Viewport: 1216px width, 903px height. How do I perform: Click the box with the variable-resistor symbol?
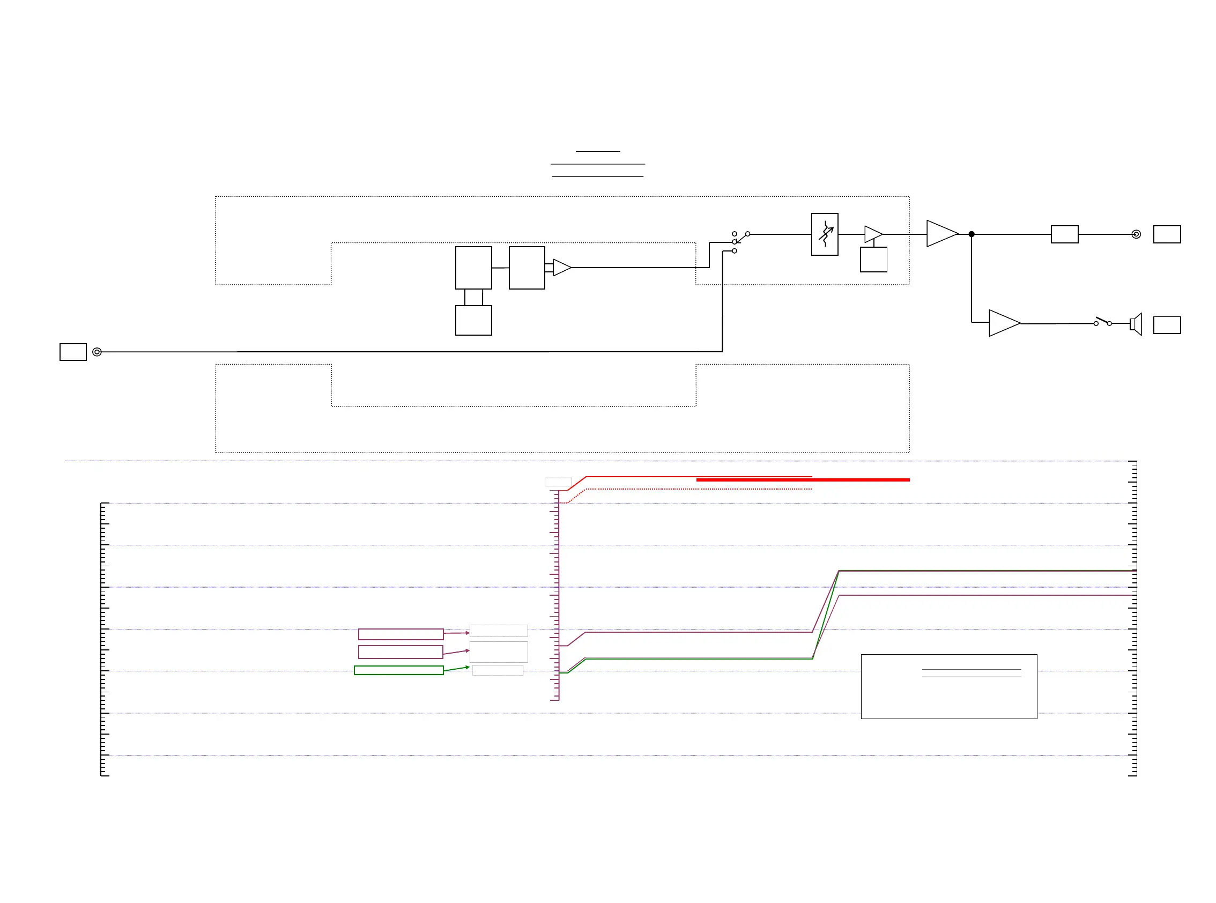[x=824, y=234]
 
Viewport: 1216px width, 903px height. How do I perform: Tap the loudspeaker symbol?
[x=1136, y=324]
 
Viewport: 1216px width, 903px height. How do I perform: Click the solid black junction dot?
[x=971, y=234]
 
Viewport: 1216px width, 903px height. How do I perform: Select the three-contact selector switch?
[x=739, y=241]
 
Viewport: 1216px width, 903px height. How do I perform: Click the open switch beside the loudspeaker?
[x=1102, y=322]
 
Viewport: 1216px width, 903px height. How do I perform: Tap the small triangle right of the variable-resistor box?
[x=872, y=234]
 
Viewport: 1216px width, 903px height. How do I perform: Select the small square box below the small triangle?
[x=873, y=260]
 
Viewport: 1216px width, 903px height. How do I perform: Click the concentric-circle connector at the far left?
[x=97, y=352]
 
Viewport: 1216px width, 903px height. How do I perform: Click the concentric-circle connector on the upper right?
[x=1136, y=234]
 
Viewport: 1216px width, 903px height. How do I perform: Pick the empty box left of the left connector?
[x=73, y=352]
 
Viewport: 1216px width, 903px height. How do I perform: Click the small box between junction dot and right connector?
[x=1064, y=234]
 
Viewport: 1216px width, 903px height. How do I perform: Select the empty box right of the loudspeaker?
[x=1167, y=325]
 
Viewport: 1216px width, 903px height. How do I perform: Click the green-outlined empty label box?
[x=398, y=670]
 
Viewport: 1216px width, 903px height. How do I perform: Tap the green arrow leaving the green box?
[x=456, y=669]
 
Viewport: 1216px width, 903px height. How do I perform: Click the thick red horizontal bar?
[x=802, y=480]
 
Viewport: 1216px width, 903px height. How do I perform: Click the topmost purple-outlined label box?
[x=401, y=634]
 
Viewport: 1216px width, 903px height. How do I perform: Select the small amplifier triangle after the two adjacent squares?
[x=561, y=268]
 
